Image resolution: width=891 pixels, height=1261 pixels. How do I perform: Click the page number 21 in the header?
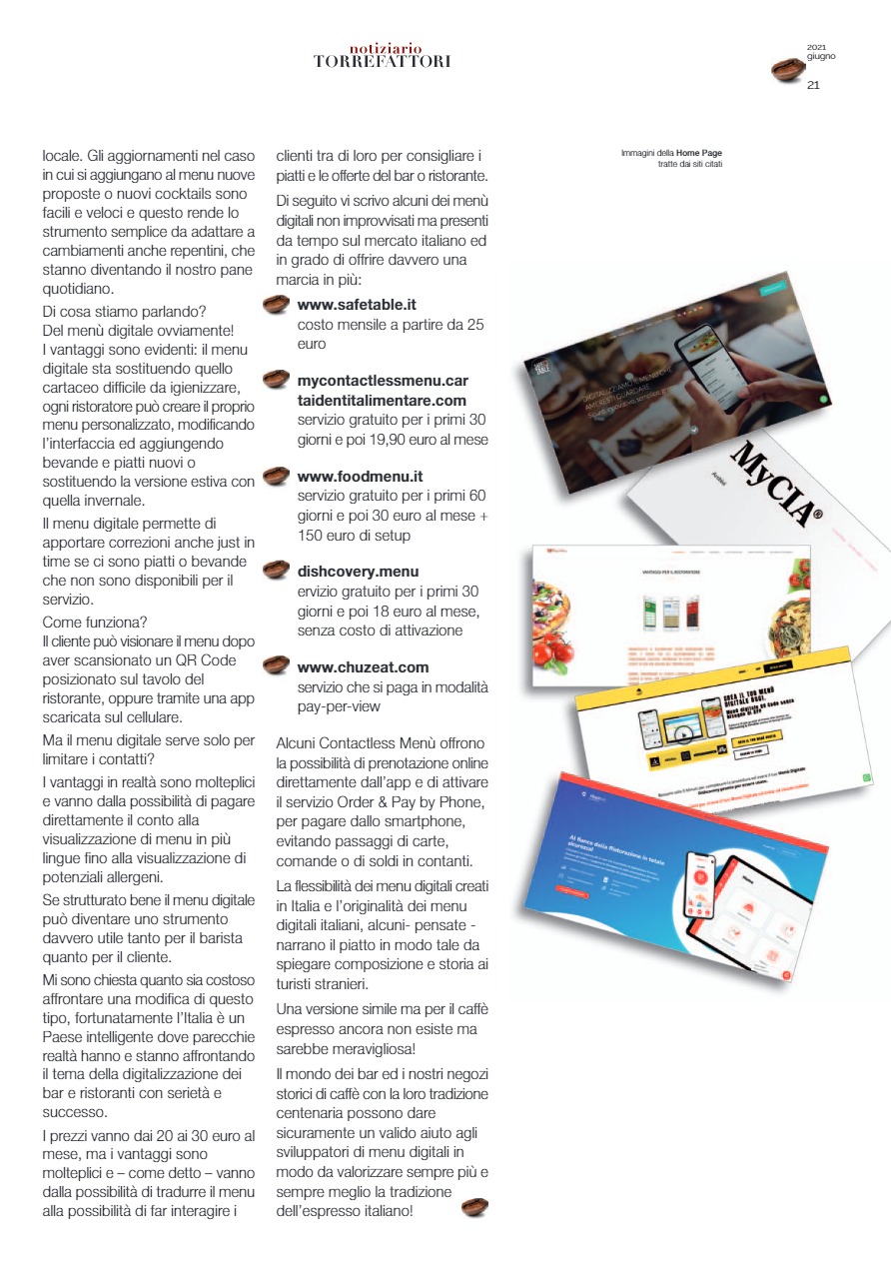click(813, 86)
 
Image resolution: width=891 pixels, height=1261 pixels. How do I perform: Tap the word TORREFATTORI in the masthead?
click(382, 62)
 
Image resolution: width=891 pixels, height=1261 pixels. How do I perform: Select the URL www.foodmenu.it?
click(360, 477)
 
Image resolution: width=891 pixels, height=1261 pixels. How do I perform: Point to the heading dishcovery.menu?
click(358, 572)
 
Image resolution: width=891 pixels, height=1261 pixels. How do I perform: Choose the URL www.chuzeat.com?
click(363, 666)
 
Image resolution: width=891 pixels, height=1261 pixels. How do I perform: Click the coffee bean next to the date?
click(788, 71)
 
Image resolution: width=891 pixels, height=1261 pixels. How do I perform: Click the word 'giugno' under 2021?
click(821, 56)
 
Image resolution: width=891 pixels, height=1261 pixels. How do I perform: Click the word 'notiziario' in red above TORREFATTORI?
click(386, 48)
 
